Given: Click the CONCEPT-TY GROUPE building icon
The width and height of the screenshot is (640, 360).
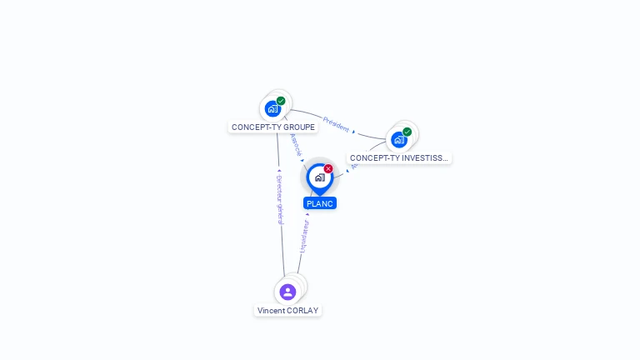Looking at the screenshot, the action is coord(272,108).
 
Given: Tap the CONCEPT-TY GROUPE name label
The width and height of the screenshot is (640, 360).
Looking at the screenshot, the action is coord(273,127).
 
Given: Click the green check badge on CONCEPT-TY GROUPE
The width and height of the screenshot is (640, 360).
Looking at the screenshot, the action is coord(281,101).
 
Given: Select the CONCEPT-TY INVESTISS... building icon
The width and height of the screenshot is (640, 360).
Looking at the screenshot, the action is coord(399,139).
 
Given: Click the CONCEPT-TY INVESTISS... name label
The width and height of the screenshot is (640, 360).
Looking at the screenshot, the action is coord(399,157).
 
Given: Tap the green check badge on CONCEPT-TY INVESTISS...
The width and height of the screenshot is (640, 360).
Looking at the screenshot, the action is coord(407,132).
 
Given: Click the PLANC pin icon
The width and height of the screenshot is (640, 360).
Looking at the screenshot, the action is coord(319,177).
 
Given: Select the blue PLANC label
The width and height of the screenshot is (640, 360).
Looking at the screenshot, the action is coord(320,203).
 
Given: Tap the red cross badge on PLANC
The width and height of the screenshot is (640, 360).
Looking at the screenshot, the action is coord(328,169).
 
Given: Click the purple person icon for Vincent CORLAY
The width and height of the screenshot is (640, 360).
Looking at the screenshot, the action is coord(287,292).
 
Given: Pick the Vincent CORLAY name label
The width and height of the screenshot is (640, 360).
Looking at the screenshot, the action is coord(287,310).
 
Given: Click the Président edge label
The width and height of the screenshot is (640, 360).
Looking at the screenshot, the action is coord(336,123).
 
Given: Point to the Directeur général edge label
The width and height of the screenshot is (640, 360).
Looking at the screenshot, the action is coord(280,199).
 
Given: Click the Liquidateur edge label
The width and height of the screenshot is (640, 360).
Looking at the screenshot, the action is coord(304,237).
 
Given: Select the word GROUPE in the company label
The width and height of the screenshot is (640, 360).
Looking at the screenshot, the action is coord(299,127).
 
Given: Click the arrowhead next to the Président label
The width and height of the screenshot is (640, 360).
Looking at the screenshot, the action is coord(353,132).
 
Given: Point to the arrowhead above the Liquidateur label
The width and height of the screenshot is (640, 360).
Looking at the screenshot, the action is coord(307,214).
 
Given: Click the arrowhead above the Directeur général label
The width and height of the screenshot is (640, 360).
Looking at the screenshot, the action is coord(278,171).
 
